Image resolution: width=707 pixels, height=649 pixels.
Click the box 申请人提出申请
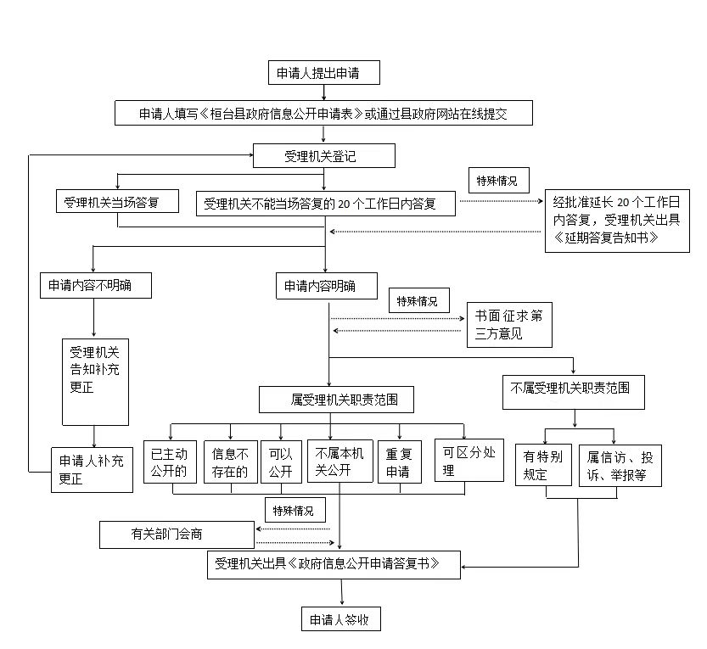[x=323, y=73]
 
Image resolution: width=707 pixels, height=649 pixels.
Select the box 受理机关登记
[x=323, y=156]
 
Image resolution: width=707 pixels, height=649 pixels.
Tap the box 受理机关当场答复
[x=117, y=201]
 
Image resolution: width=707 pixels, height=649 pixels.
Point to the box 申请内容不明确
[x=96, y=285]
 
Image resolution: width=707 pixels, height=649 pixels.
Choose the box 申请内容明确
[x=327, y=286]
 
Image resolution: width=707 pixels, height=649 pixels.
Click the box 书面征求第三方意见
[x=509, y=325]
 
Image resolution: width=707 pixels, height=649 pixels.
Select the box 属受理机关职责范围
[x=336, y=400]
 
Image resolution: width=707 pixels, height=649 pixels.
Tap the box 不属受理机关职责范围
[x=574, y=393]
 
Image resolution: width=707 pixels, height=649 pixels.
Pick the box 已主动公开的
[x=170, y=462]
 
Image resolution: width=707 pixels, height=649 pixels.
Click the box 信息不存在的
[x=231, y=462]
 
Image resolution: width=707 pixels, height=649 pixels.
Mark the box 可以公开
[x=282, y=462]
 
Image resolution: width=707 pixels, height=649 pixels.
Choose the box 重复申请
[x=400, y=462]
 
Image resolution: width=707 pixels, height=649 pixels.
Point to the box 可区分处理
[x=469, y=460]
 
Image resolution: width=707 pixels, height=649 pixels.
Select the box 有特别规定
[x=543, y=465]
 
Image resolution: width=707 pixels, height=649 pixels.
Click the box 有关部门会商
[x=177, y=535]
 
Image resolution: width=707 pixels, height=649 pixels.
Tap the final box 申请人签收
[x=341, y=619]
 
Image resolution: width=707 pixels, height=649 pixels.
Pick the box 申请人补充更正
[x=92, y=470]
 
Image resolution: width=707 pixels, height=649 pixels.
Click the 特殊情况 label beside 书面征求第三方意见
[x=419, y=300]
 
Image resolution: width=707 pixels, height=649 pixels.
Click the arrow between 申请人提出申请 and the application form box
[x=323, y=92]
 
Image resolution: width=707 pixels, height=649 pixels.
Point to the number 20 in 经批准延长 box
[x=623, y=203]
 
